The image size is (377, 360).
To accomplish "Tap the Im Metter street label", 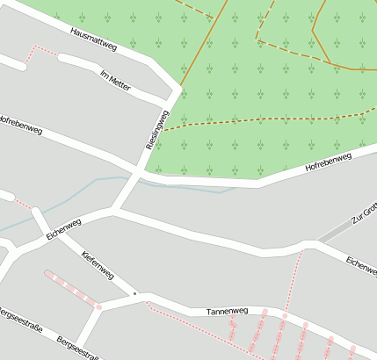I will [x=116, y=78].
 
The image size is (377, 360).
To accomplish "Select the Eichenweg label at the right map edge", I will [x=360, y=263].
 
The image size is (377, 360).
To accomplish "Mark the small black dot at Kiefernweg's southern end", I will [x=134, y=292].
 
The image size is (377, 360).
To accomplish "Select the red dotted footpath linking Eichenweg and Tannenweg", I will [x=295, y=281].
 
